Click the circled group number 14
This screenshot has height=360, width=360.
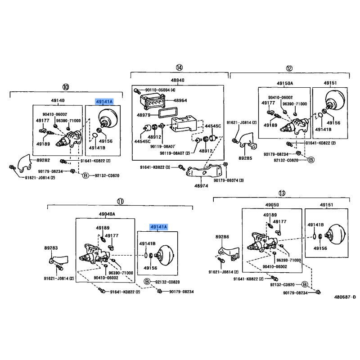click(x=179, y=67)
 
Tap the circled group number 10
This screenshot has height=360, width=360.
click(x=66, y=87)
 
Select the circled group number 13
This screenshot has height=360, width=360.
click(x=282, y=193)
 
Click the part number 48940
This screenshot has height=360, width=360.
click(x=177, y=80)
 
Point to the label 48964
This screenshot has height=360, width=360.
click(x=180, y=100)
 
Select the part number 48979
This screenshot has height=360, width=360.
click(x=144, y=115)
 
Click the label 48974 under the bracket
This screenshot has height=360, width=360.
click(x=201, y=186)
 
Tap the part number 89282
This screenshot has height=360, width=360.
click(x=43, y=160)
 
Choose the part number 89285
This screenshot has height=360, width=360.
click(x=245, y=158)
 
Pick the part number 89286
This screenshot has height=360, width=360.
click(x=222, y=237)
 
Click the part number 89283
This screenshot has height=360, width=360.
click(x=51, y=248)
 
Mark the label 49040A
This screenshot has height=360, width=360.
click(x=107, y=214)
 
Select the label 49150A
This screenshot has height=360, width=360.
click(x=285, y=83)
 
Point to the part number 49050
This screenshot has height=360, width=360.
click(x=272, y=205)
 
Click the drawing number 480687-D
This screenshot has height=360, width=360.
click(x=345, y=297)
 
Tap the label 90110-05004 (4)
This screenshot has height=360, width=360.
click(x=160, y=90)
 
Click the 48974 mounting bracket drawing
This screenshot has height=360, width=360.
click(x=204, y=171)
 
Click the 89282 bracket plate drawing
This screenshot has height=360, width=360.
click(x=24, y=163)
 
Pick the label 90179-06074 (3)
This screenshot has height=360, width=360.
click(x=229, y=180)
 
